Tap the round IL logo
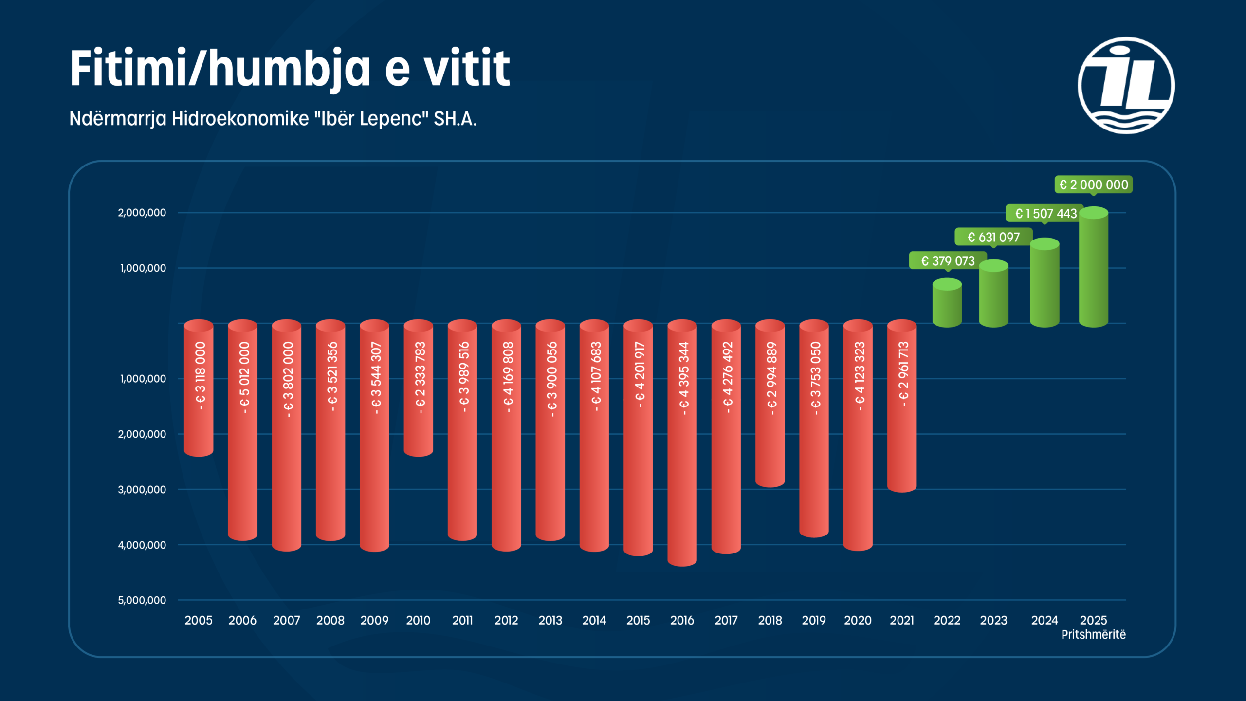[1126, 86]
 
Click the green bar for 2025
[1093, 268]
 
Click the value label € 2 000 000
[1093, 185]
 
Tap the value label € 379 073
[948, 261]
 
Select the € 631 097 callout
[993, 237]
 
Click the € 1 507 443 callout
[1045, 214]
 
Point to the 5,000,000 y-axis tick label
[142, 600]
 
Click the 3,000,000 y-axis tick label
[142, 490]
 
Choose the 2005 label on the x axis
[198, 620]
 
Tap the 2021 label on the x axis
[901, 620]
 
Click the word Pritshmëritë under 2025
[1093, 635]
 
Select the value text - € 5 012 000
[244, 378]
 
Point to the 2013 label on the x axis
[550, 620]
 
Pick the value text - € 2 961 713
[903, 374]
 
